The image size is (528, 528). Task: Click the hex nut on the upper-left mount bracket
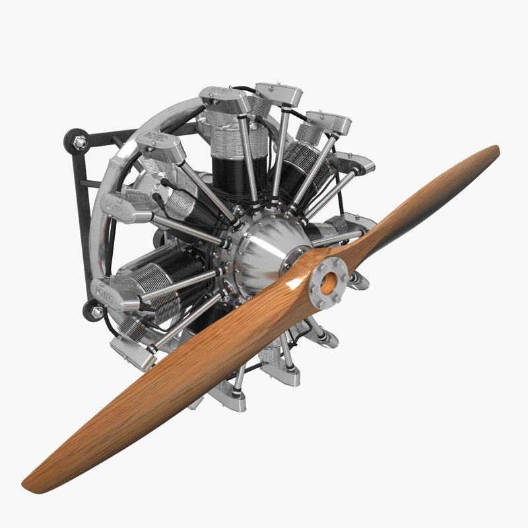point(81,141)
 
